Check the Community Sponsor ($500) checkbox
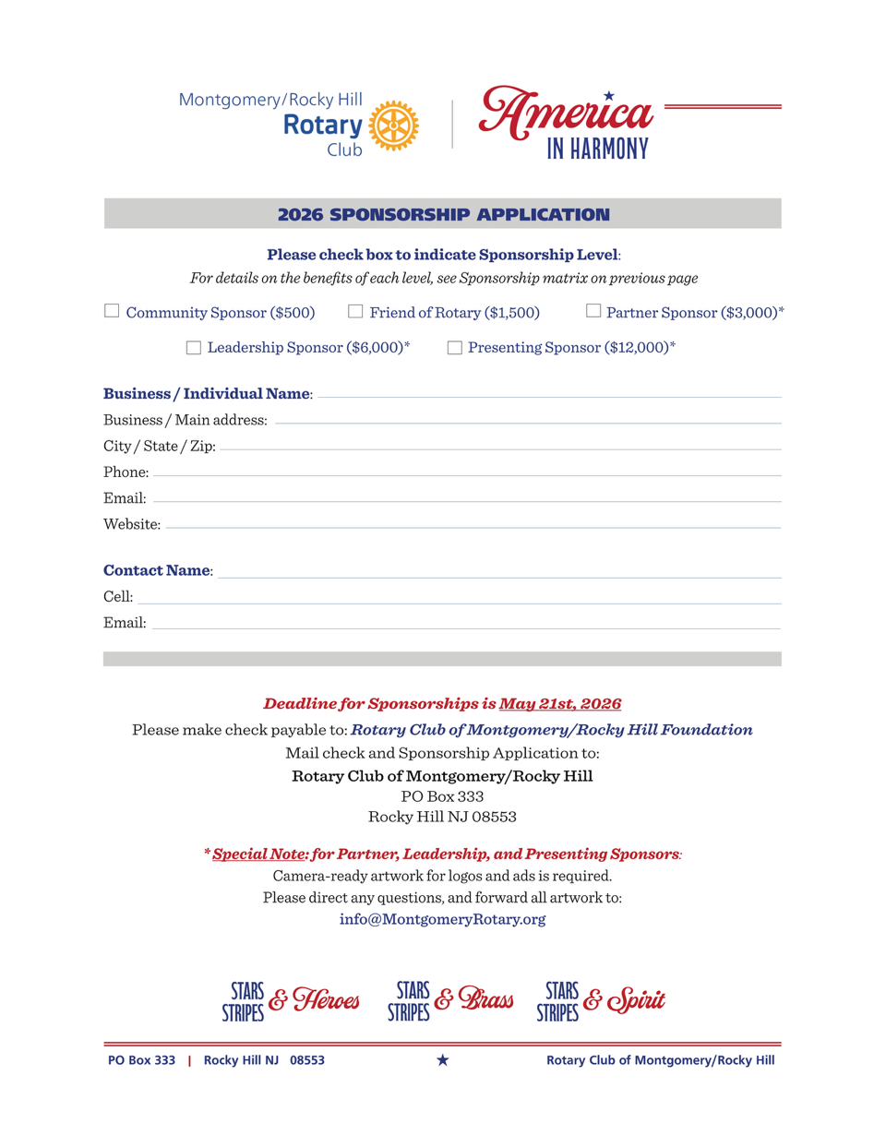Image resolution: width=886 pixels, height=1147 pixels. pos(112,311)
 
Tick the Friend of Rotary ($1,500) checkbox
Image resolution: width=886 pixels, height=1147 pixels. pos(355,311)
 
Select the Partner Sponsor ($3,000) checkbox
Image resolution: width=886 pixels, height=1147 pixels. pos(593,311)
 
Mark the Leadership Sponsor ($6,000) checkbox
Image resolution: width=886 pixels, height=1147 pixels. pos(194,348)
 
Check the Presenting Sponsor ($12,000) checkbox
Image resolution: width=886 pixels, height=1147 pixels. pos(454,348)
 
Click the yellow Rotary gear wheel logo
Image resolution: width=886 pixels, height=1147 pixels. pos(394,125)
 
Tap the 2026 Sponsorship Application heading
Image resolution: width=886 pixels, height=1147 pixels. pos(443,214)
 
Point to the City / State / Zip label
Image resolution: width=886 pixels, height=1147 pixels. pos(160,446)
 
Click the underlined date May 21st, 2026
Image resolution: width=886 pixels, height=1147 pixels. pos(560,703)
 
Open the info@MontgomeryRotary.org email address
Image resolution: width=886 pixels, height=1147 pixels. pos(442,919)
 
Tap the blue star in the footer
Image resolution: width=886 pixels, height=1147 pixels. pos(443,1060)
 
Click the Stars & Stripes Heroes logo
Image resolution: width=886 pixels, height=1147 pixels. pos(291,1001)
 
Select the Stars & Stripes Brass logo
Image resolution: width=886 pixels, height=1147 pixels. pos(450,1001)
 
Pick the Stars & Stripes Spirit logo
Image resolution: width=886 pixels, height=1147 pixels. pos(601,1001)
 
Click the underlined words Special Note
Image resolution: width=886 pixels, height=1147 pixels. pos(259,854)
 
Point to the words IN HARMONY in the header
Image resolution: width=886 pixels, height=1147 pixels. pos(598,149)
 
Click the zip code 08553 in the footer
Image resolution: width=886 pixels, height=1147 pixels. pos(307,1060)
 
